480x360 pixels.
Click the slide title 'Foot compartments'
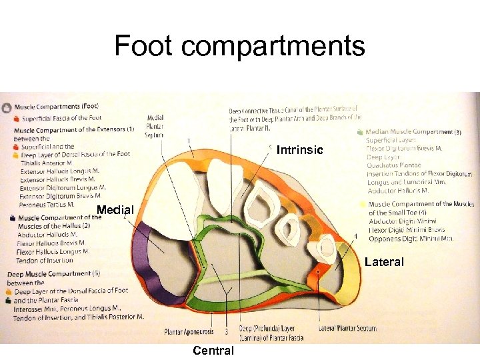tap(239, 46)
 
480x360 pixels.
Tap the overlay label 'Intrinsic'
tap(299, 151)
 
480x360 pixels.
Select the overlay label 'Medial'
tap(115, 211)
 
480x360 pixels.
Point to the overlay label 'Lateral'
tap(384, 262)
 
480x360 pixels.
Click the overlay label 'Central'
tap(213, 351)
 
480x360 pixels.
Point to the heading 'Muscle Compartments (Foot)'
tap(56, 106)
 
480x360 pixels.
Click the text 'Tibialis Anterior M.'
tap(47, 162)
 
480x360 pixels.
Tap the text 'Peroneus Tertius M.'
tap(47, 203)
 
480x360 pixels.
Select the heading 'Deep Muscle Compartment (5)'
tap(53, 273)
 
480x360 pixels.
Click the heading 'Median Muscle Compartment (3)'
tap(414, 132)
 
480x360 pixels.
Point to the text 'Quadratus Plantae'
tap(394, 165)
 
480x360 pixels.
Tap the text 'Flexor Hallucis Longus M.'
tap(53, 251)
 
